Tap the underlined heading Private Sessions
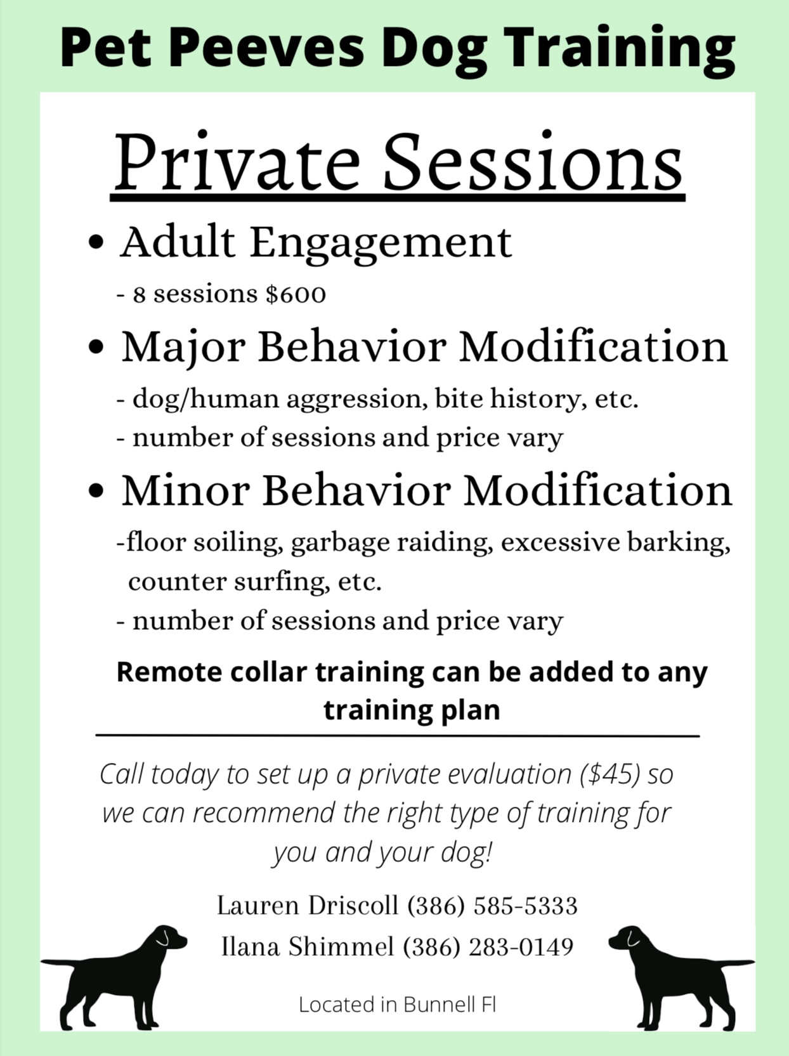(398, 163)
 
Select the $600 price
(296, 294)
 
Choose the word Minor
(185, 491)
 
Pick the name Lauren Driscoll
(308, 905)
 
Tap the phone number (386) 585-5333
(492, 906)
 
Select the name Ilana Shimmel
(308, 946)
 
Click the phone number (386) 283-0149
(488, 947)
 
